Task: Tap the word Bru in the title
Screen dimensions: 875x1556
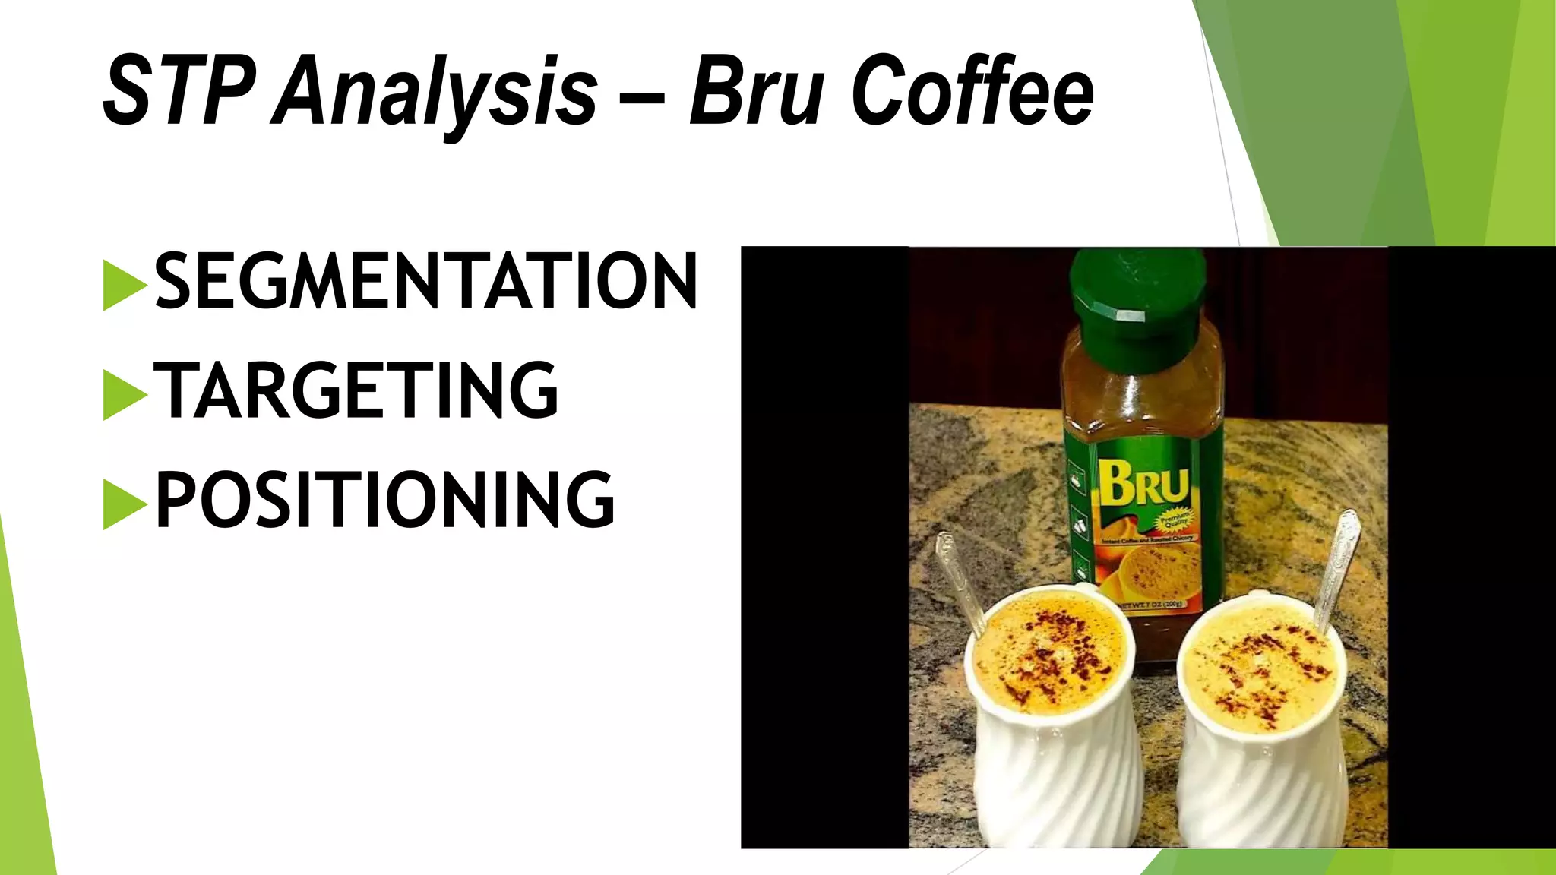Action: pos(757,91)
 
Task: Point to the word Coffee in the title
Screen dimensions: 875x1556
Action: pos(972,91)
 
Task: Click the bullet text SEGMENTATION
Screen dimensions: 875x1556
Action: pos(425,281)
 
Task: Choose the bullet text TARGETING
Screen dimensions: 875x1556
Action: pos(356,390)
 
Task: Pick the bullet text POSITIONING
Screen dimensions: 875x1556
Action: pos(384,499)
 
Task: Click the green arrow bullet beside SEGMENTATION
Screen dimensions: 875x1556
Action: pos(124,285)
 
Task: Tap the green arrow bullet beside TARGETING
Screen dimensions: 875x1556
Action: pos(124,394)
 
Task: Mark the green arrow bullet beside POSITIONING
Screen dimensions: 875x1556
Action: pos(124,504)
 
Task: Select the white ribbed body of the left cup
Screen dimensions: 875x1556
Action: pos(1056,782)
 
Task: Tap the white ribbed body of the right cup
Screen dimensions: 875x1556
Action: pos(1261,790)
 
